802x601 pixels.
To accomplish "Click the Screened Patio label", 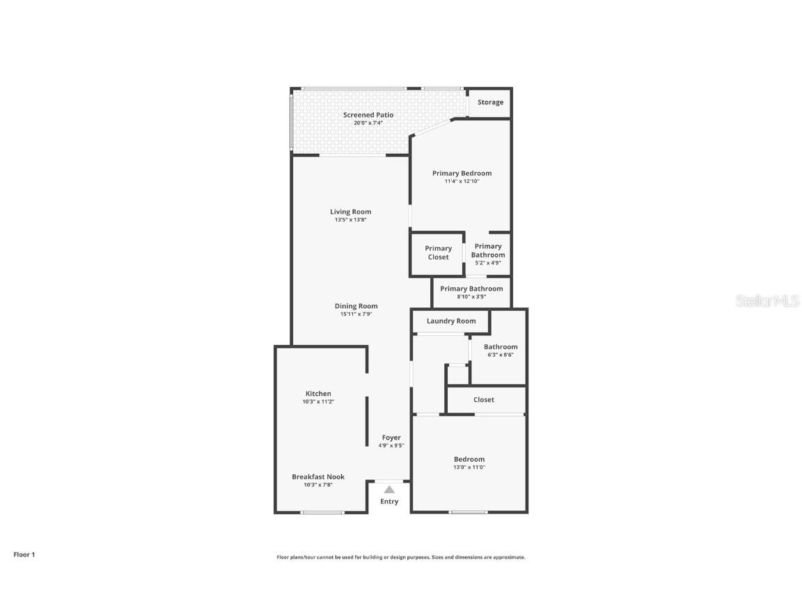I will click(x=368, y=115).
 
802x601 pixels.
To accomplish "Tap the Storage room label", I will click(x=490, y=102).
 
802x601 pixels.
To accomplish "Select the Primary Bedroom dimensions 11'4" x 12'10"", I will click(x=462, y=182).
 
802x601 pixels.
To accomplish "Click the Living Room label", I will click(x=350, y=211).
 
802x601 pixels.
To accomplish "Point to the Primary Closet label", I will click(x=438, y=253).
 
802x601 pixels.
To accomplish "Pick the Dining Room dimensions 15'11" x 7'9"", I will click(x=356, y=314).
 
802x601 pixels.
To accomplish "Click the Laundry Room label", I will click(x=451, y=321).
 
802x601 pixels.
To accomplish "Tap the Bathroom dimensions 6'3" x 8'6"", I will click(x=501, y=355).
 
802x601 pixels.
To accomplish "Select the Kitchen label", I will click(x=318, y=394).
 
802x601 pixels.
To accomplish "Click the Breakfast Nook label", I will click(x=318, y=476).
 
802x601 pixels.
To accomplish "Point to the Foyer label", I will click(x=391, y=438).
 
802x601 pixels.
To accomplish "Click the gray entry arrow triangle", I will click(x=389, y=490).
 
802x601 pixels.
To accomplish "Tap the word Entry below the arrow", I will click(x=389, y=502).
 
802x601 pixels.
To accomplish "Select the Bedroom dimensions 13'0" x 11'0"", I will click(x=469, y=467).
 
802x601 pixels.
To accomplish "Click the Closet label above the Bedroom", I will click(x=484, y=399).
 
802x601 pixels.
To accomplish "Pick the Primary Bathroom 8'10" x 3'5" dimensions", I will click(x=471, y=297).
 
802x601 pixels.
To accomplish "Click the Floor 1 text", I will click(x=24, y=554).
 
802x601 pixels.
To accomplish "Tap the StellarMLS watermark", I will click(x=768, y=301).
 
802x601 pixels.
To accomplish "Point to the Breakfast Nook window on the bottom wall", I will click(x=322, y=513).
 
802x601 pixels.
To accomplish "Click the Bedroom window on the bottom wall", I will click(x=469, y=513).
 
